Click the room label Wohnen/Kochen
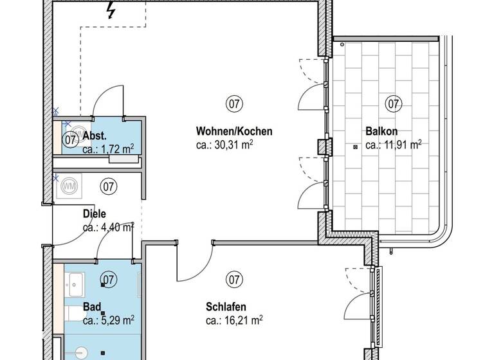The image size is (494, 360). click(x=234, y=131)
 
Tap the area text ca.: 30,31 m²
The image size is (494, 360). click(x=224, y=145)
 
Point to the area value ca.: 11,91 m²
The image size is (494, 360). click(x=393, y=145)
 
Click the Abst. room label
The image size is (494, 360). click(x=94, y=136)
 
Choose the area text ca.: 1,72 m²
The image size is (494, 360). click(x=108, y=149)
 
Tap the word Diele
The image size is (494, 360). click(x=94, y=213)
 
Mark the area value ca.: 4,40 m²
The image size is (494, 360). click(x=108, y=227)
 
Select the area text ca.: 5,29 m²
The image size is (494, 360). click(x=108, y=319)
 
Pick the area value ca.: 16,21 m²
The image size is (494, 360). click(x=234, y=319)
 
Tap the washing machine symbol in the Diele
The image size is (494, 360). click(x=69, y=186)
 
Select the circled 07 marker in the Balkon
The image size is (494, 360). click(x=393, y=103)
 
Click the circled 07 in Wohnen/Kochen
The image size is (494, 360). click(x=234, y=103)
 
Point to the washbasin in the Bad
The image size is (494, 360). click(x=76, y=281)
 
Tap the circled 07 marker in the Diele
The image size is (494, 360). click(x=109, y=186)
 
